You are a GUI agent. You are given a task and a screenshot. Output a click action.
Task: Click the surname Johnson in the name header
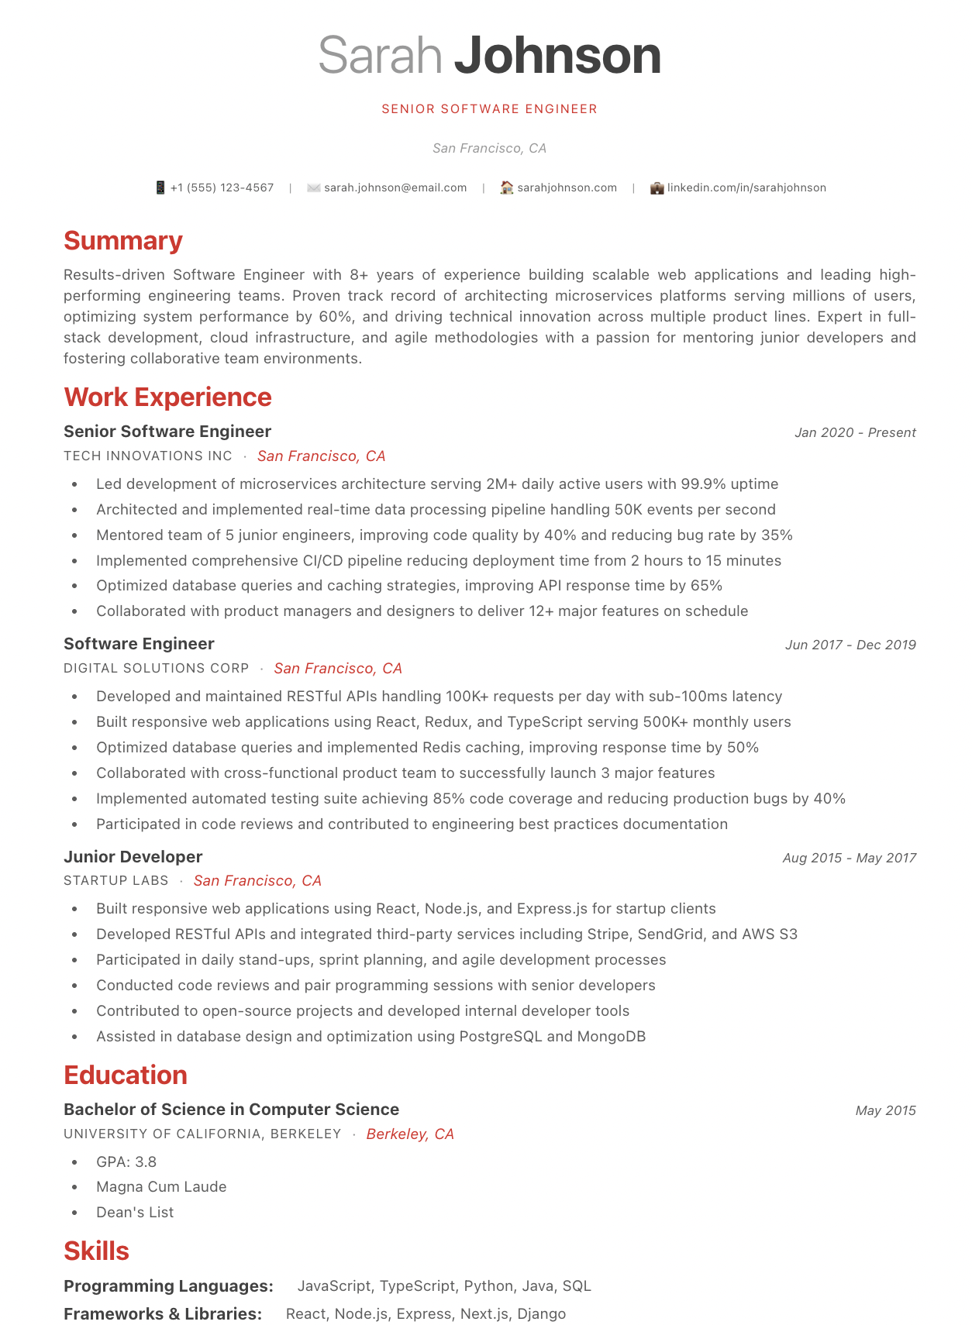[x=557, y=56]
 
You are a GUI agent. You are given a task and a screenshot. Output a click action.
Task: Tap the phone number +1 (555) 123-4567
[x=222, y=188]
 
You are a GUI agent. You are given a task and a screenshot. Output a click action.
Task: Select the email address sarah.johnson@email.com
[x=395, y=188]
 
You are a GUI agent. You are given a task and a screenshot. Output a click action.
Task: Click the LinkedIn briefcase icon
[x=657, y=188]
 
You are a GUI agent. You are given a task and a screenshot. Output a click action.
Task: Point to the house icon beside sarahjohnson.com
[x=506, y=188]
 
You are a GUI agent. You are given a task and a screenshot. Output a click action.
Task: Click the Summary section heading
[x=123, y=241]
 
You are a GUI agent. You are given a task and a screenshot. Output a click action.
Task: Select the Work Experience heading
[x=167, y=397]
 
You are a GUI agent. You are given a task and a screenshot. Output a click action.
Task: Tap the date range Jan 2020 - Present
[x=854, y=432]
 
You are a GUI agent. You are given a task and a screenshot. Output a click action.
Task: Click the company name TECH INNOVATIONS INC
[x=148, y=456]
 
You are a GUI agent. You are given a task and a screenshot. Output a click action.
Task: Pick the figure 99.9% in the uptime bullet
[x=703, y=484]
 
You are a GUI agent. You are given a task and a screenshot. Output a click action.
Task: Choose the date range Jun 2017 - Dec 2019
[x=850, y=645]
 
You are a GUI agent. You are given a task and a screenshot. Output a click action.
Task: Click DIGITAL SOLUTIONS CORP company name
[x=157, y=668]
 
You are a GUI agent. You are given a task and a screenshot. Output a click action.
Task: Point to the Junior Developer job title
[x=133, y=857]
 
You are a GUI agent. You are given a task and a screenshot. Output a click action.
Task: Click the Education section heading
[x=126, y=1075]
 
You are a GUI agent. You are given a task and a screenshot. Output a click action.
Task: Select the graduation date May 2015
[x=885, y=1110]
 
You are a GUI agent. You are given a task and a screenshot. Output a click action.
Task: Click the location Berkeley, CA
[x=410, y=1134]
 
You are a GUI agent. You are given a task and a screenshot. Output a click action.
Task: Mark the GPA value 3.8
[x=146, y=1162]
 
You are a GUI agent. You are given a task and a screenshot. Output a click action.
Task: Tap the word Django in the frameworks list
[x=541, y=1314]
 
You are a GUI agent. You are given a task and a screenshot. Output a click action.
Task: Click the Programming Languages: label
[x=168, y=1286]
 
